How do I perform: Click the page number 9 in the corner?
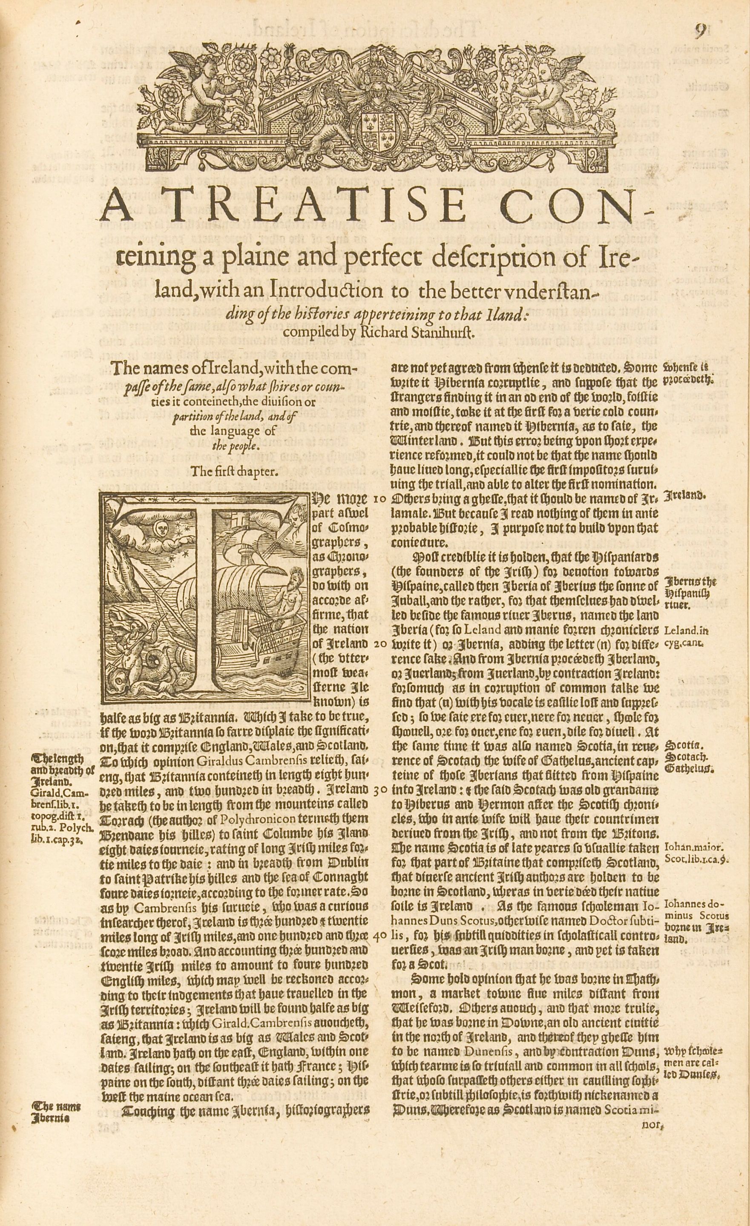[700, 32]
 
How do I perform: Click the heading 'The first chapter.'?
[233, 471]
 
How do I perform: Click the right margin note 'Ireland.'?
[683, 496]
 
